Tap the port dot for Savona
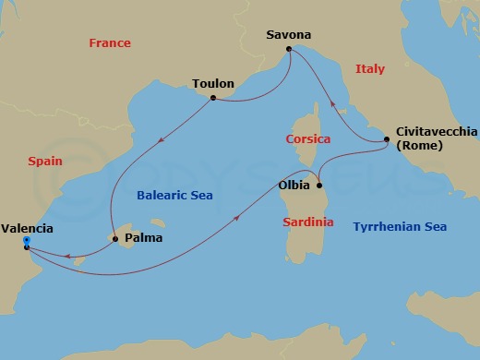(289, 49)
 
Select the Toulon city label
(212, 82)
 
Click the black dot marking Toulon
(212, 97)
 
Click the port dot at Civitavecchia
(386, 140)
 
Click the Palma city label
(142, 237)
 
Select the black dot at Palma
(114, 240)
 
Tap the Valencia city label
(27, 228)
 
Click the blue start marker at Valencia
(26, 242)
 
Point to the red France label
(109, 43)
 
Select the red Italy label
(371, 68)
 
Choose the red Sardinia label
(308, 222)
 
